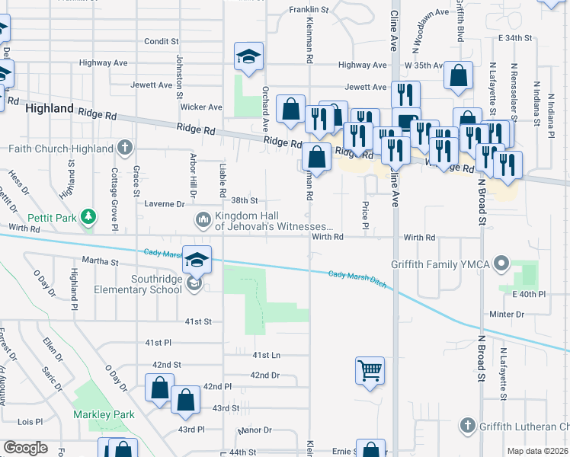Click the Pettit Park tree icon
point(90,218)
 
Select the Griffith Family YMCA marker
point(501,265)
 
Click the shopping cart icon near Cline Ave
point(370,371)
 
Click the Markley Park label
point(104,415)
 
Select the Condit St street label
point(161,41)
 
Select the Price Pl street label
point(366,215)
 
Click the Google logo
point(25,448)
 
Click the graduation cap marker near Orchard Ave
point(248,57)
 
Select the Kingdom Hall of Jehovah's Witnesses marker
point(203,221)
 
